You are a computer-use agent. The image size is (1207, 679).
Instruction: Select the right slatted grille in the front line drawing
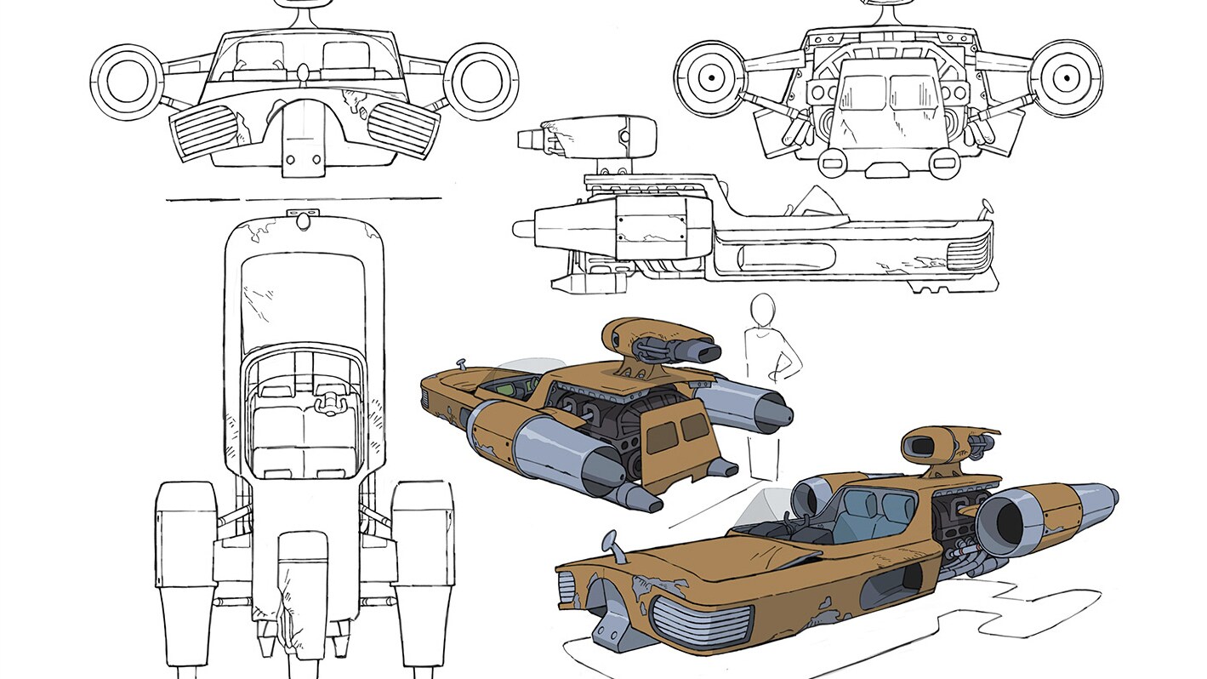(401, 129)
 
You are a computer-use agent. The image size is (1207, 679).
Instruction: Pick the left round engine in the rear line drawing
(710, 78)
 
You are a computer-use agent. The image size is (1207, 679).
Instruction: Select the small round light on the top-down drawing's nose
(304, 220)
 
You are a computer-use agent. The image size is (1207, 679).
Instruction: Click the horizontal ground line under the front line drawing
(304, 201)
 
